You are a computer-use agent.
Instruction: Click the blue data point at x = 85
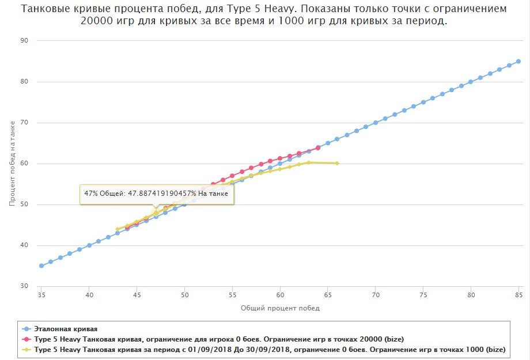pyautogui.click(x=518, y=61)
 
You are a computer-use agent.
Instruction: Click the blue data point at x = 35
pyautogui.click(x=41, y=266)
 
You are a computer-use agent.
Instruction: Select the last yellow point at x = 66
pyautogui.click(x=337, y=164)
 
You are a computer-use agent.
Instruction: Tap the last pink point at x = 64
pyautogui.click(x=318, y=147)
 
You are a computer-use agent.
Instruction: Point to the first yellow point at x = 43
pyautogui.click(x=118, y=229)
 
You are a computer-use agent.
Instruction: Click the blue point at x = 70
pyautogui.click(x=376, y=123)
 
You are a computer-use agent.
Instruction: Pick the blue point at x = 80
pyautogui.click(x=471, y=82)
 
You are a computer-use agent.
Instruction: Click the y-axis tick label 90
pyautogui.click(x=24, y=41)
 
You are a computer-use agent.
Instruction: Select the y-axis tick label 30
pyautogui.click(x=24, y=286)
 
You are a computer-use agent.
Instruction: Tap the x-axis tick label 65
pyautogui.click(x=328, y=295)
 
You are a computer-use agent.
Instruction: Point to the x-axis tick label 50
pyautogui.click(x=184, y=295)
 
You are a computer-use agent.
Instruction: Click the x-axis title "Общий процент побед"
pyautogui.click(x=280, y=308)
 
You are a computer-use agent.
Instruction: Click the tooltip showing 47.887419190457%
pyautogui.click(x=156, y=194)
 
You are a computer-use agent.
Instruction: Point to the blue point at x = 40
pyautogui.click(x=89, y=245)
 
